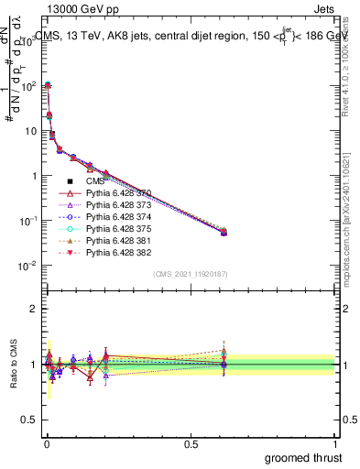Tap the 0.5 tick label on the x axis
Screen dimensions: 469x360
(191, 443)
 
